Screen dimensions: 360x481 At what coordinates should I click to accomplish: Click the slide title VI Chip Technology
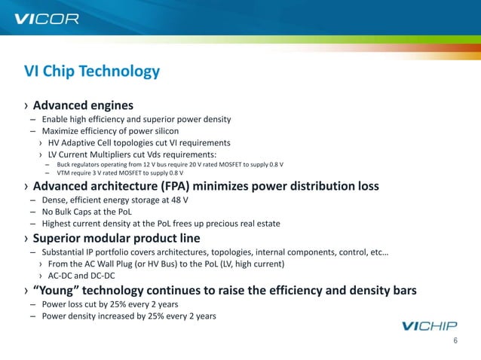tap(92, 72)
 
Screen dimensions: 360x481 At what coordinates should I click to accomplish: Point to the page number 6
tap(455, 341)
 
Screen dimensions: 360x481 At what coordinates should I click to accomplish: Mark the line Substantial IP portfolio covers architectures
tap(215, 252)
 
